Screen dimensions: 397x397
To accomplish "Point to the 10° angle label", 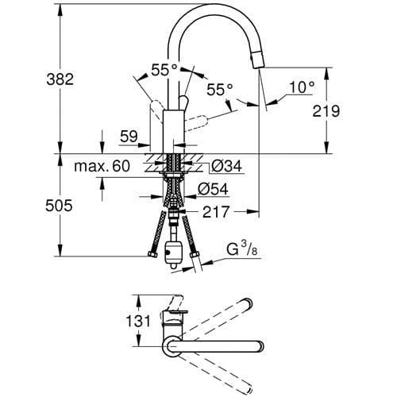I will [302, 87].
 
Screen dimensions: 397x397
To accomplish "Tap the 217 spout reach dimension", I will [215, 212].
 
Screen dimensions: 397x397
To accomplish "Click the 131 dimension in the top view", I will [118, 322].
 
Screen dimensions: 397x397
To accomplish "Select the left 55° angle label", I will [162, 70].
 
